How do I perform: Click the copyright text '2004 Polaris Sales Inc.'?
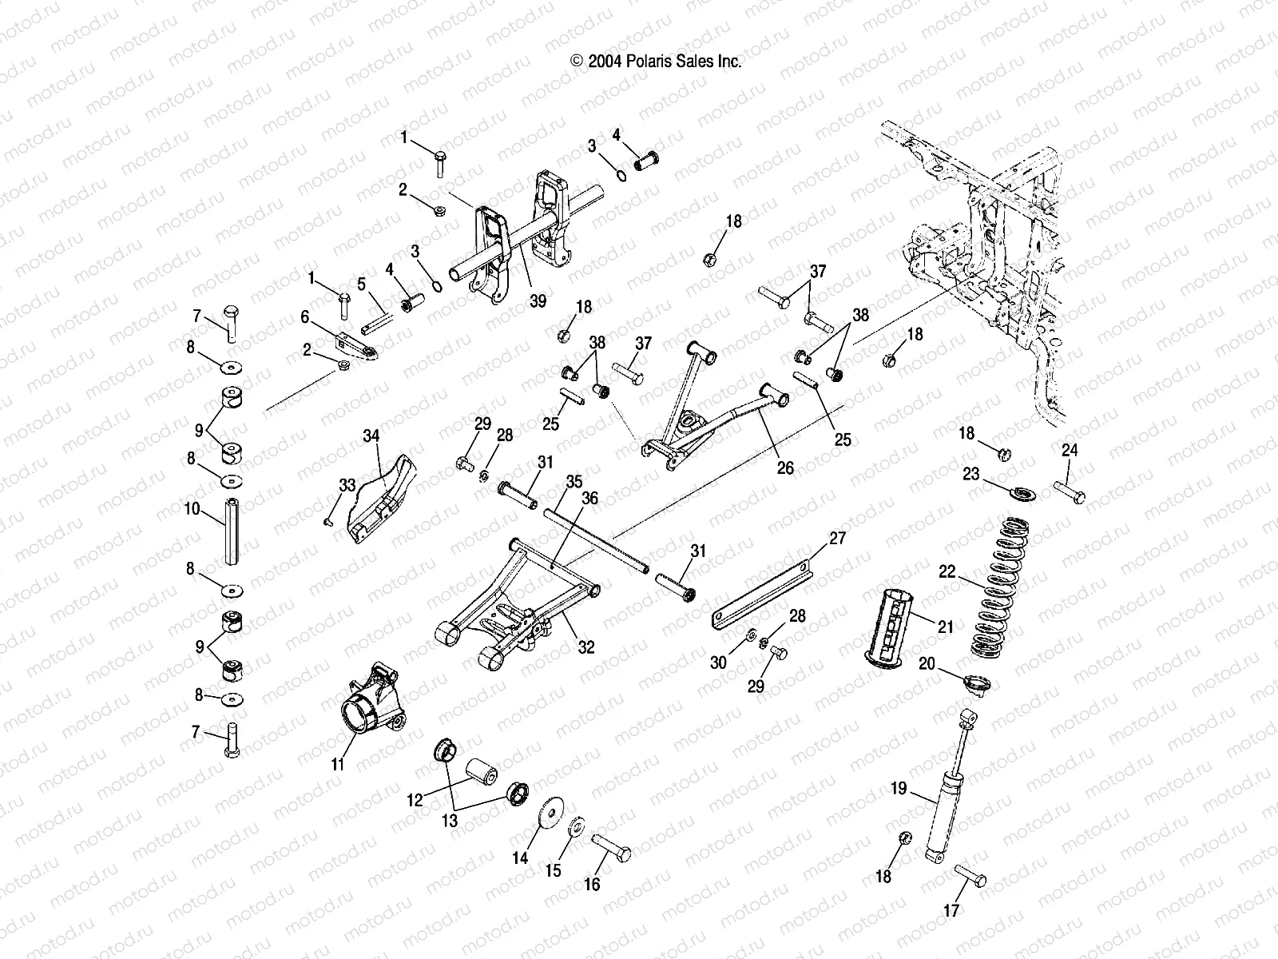[656, 62]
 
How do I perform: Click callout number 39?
[538, 300]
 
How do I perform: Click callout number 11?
[337, 765]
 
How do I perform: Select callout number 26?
[786, 468]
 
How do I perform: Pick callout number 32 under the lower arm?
[586, 647]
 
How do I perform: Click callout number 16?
[592, 885]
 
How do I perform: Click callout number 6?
[304, 317]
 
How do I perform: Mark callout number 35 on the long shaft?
[574, 482]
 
